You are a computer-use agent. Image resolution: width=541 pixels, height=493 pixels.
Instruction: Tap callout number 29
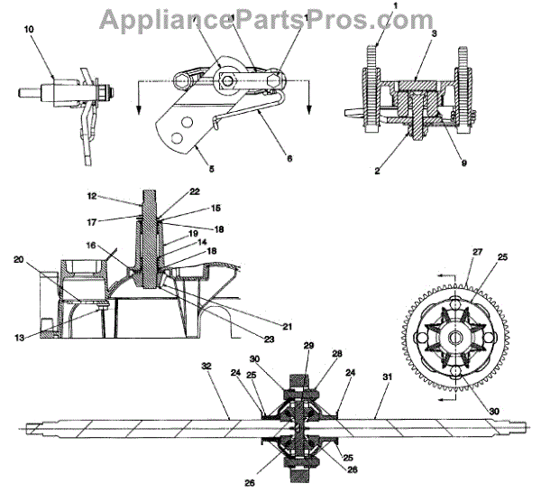(x=308, y=347)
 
